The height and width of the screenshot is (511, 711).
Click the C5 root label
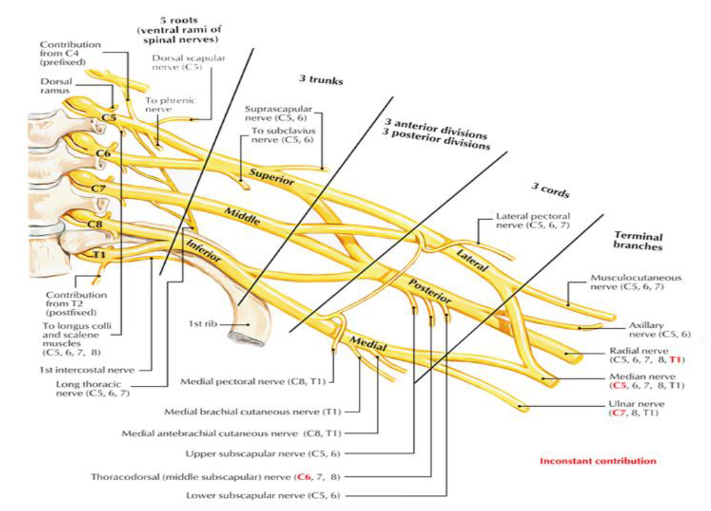(x=109, y=118)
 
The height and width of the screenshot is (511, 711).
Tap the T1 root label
(x=99, y=255)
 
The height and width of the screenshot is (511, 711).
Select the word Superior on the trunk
(x=271, y=177)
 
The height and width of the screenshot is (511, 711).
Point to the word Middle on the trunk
(x=242, y=217)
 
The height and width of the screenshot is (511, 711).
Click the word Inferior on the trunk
(x=204, y=251)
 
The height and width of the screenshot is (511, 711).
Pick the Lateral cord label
(x=472, y=260)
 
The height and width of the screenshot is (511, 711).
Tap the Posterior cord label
(x=430, y=291)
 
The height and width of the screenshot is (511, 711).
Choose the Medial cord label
(x=368, y=344)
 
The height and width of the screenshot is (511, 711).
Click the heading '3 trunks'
(x=321, y=80)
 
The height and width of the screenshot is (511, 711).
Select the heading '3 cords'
(x=550, y=189)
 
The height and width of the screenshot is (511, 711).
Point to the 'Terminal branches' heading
(x=638, y=241)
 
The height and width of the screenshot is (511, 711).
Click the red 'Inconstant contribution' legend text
(x=598, y=461)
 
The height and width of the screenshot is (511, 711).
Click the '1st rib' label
(x=202, y=324)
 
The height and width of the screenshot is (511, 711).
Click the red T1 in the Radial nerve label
(x=675, y=359)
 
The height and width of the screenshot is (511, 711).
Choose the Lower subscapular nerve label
(x=263, y=495)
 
